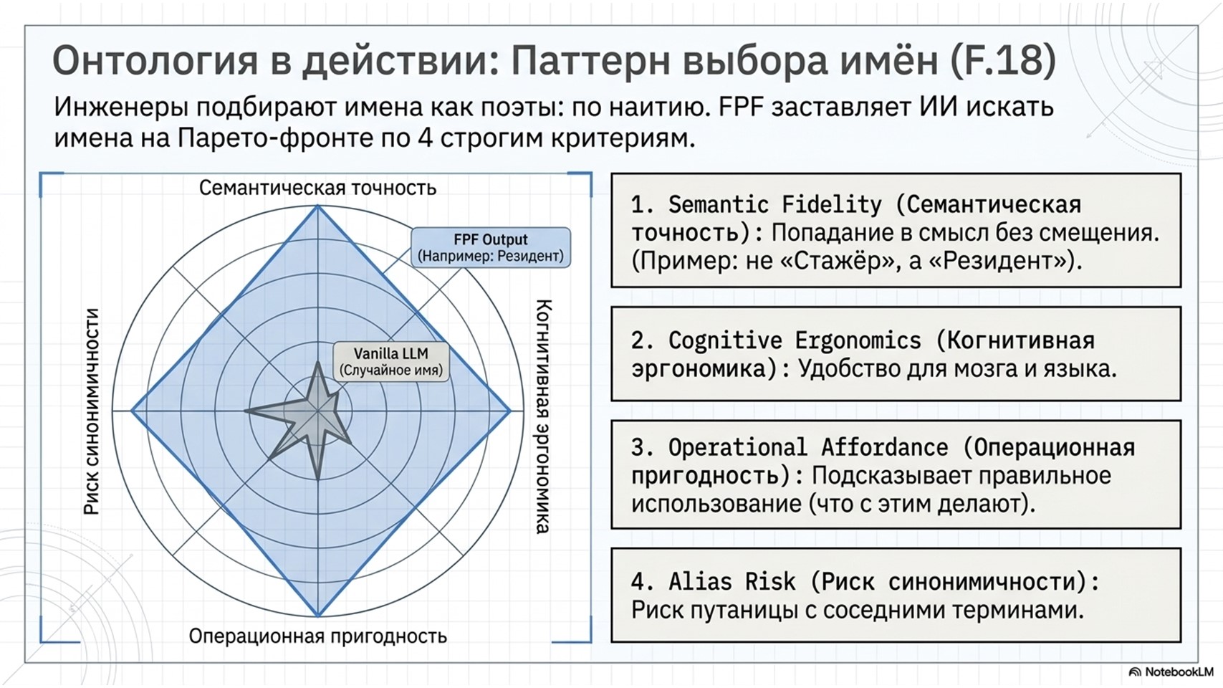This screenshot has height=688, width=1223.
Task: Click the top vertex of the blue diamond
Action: [318, 206]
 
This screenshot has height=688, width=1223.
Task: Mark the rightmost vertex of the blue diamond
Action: [510, 411]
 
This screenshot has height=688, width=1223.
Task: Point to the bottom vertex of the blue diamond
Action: [318, 616]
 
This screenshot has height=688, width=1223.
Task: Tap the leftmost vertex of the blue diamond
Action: [132, 411]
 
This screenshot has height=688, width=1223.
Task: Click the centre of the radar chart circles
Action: [318, 411]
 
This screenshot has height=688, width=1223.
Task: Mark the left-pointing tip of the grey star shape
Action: [245, 411]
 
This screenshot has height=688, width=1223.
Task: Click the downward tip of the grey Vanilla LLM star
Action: [318, 479]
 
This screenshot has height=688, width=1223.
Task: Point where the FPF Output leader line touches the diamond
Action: [382, 273]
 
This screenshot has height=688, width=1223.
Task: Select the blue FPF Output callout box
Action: [490, 247]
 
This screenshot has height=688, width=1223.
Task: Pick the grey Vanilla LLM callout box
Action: [391, 361]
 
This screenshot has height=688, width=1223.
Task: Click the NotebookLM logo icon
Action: [1135, 672]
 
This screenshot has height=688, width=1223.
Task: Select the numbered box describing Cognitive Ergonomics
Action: [896, 354]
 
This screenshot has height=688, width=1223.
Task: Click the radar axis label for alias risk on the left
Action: [92, 411]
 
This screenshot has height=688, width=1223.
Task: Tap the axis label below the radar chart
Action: [318, 636]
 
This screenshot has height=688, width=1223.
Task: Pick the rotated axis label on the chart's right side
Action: [542, 416]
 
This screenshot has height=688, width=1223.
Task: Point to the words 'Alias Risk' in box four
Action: [732, 582]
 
